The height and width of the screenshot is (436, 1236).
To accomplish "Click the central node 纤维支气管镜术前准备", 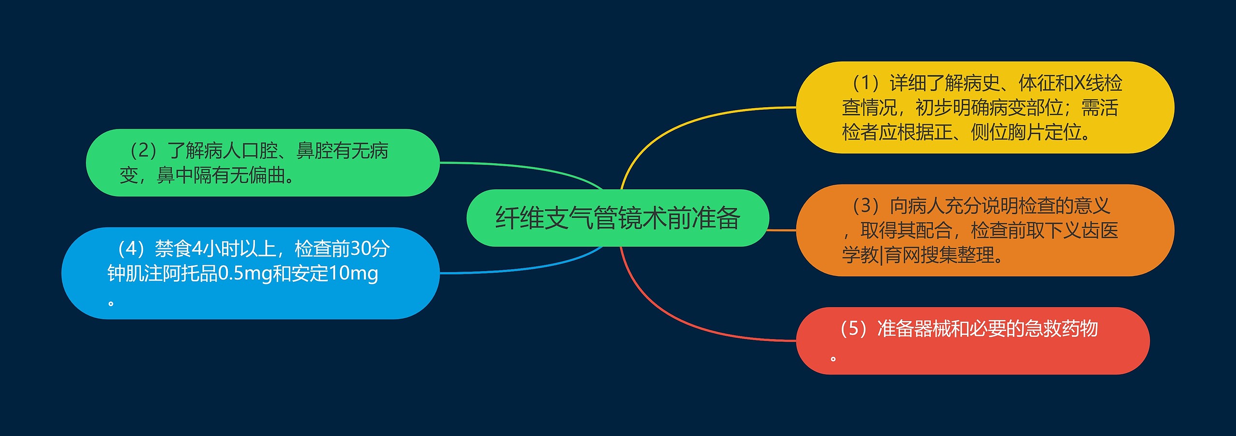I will (x=617, y=218).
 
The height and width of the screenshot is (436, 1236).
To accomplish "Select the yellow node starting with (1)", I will (x=985, y=107).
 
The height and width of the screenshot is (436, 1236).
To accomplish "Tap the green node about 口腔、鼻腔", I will (x=262, y=163).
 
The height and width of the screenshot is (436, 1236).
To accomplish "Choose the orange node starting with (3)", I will (x=985, y=230).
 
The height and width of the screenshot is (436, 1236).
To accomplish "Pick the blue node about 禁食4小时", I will (x=250, y=273).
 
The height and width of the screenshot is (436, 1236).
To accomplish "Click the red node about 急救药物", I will (x=972, y=341).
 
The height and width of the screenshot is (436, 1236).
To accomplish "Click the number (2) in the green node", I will (x=143, y=151).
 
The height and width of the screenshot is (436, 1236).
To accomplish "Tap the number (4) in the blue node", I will (x=131, y=249).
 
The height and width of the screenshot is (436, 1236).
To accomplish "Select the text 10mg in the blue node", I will (x=353, y=274).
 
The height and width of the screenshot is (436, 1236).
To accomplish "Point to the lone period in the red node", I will (x=833, y=359).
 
